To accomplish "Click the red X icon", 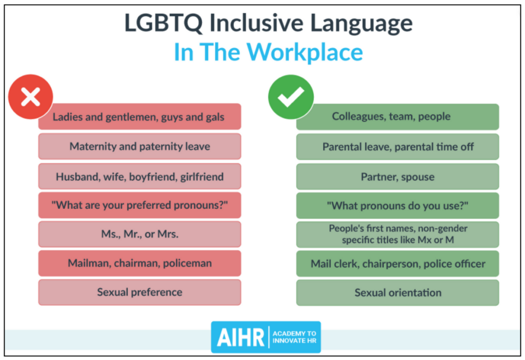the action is coord(30,97).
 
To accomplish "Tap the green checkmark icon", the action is coord(291,97).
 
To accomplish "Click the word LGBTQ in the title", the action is coord(164,23).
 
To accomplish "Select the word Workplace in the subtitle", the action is coord(305,52).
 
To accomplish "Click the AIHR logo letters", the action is coord(240,337).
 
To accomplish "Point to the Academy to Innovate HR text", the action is coord(294,337).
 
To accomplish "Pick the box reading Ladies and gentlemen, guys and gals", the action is coord(139,116).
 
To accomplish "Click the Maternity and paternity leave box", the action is coord(139,146).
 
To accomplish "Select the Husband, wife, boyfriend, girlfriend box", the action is coord(139,176).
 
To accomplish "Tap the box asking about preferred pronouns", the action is coord(139,205).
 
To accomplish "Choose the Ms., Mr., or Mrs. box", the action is coord(139,234).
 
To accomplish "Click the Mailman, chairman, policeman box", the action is coord(139,263).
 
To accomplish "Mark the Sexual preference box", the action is coord(139,292).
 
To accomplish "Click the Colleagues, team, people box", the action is coord(397,116).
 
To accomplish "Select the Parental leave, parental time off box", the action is coord(397,147).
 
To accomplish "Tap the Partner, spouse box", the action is coord(397,176).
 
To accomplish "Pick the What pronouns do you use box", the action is coord(397,205).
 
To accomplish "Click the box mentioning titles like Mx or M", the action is coord(397,234).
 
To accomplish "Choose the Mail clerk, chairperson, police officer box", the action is coord(397,264).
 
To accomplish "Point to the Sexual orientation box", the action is coord(397,293).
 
